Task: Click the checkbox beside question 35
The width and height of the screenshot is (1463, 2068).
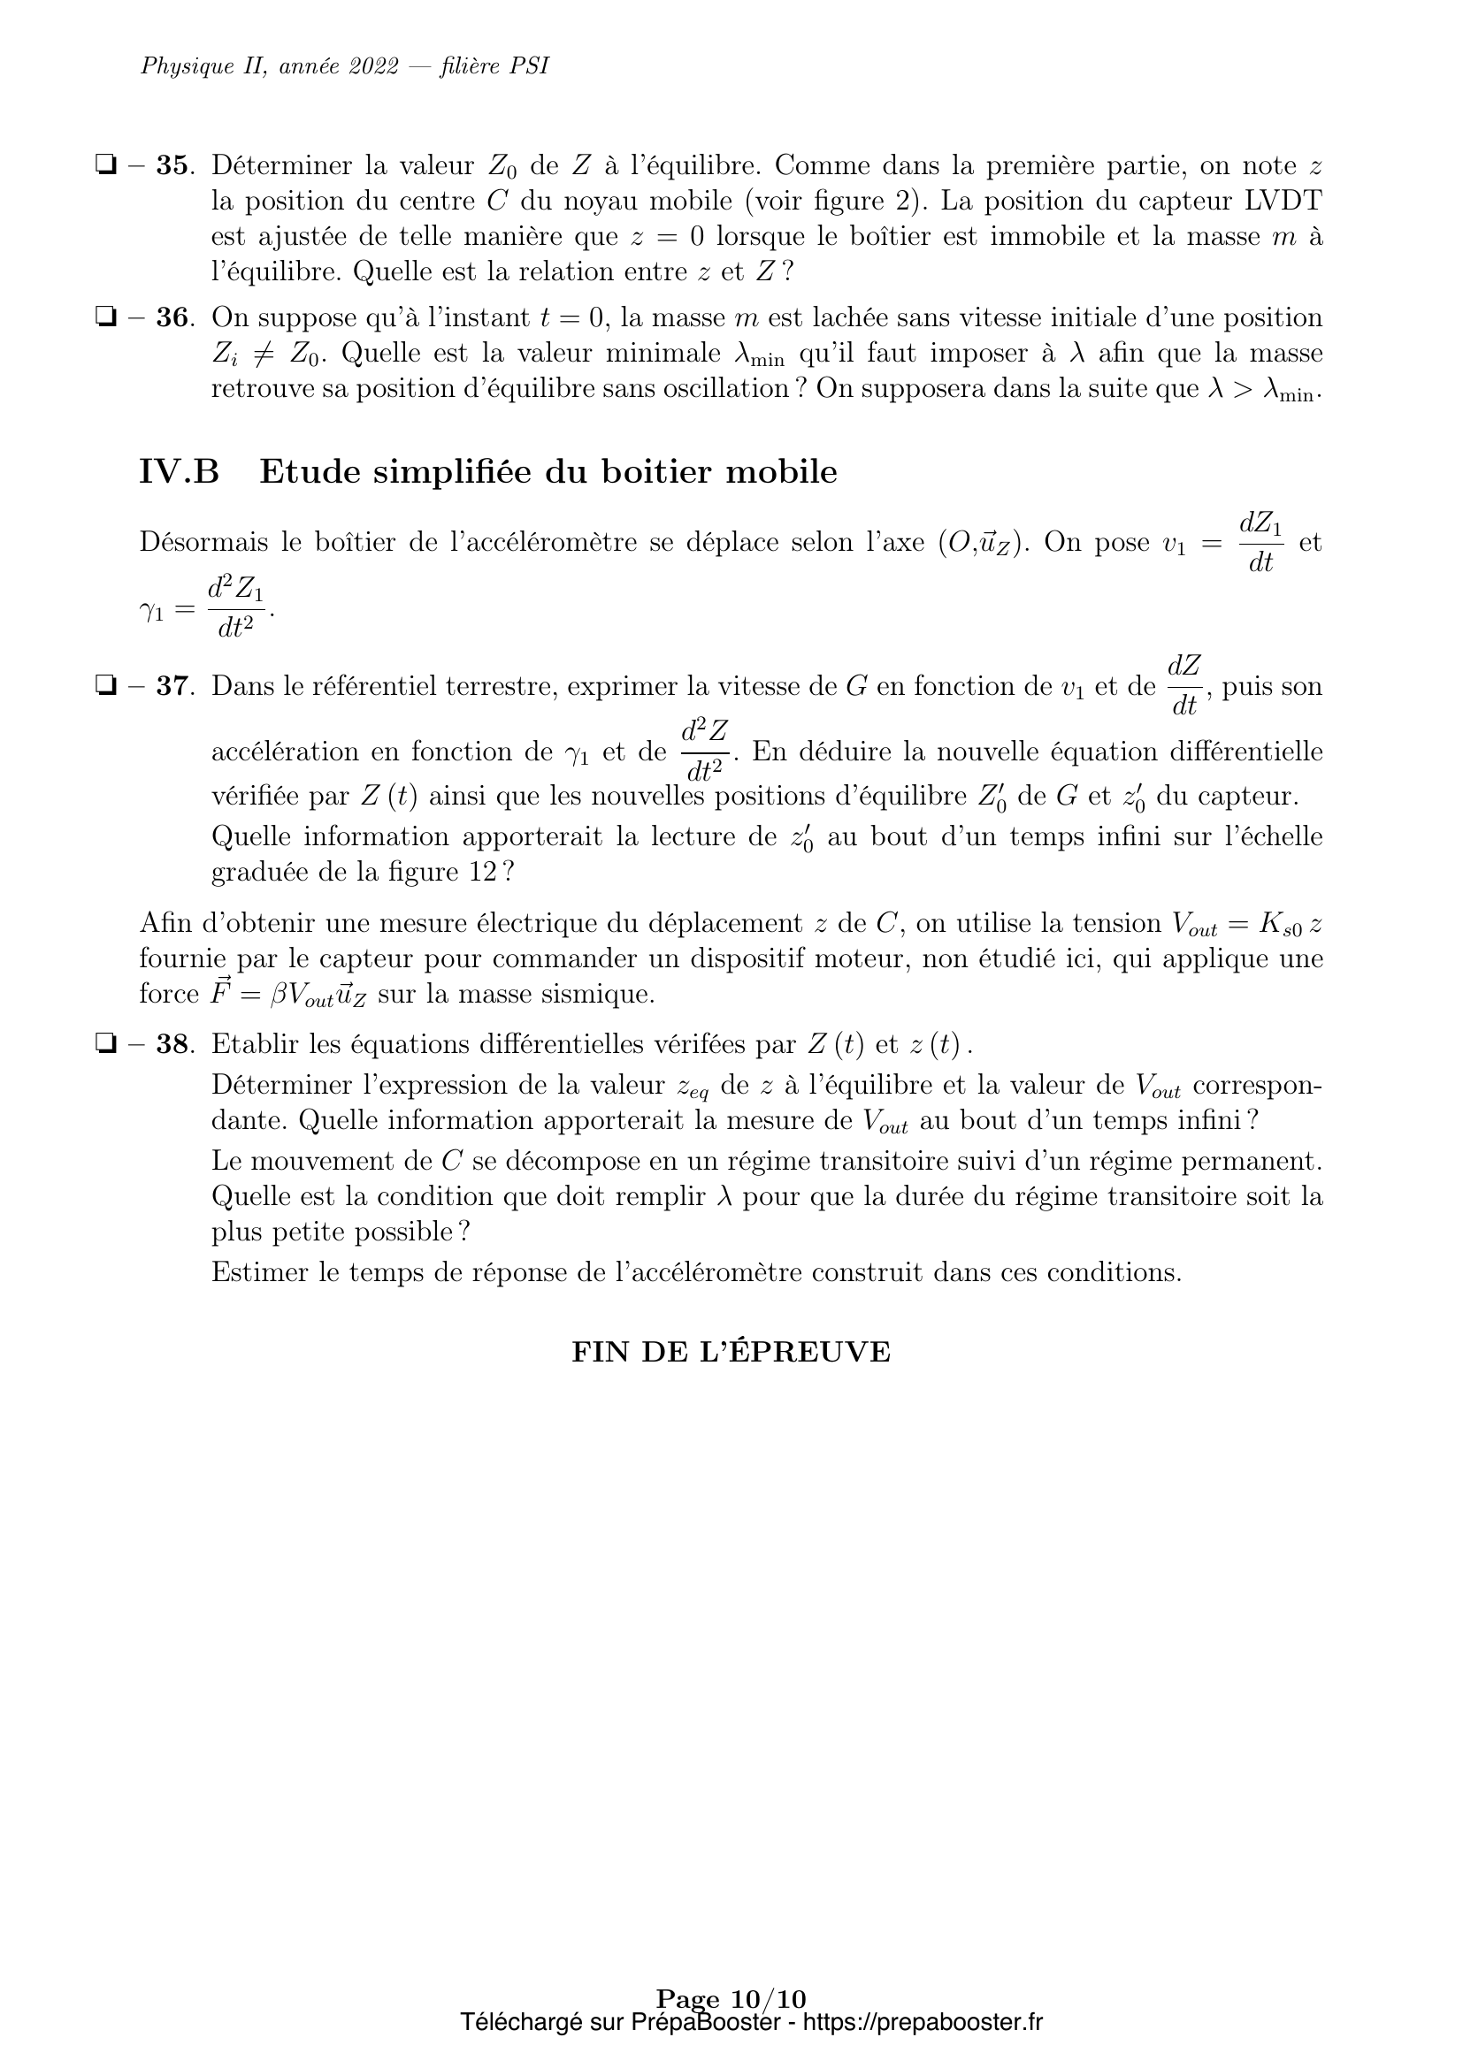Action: (105, 165)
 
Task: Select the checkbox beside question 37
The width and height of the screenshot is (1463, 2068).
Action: (105, 686)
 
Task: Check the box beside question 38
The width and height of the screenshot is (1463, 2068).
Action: (105, 1044)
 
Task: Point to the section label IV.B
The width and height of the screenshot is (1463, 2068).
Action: (179, 472)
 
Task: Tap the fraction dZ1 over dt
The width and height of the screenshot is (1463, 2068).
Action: (1260, 542)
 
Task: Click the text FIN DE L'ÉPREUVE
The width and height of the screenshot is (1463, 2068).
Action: (731, 1352)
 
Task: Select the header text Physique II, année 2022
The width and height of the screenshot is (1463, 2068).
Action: (270, 66)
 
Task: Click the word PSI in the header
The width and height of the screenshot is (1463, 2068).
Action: (529, 66)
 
